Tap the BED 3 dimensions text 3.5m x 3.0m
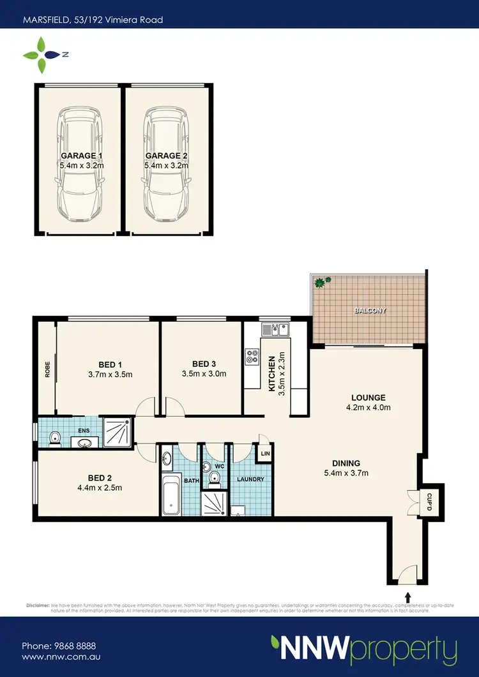coord(204,375)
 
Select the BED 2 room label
coord(102,475)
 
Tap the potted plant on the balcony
coord(322,281)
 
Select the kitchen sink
coord(275,330)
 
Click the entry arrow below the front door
coord(407,598)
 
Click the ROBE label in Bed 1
coord(47,371)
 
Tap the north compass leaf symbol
coord(42,55)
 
